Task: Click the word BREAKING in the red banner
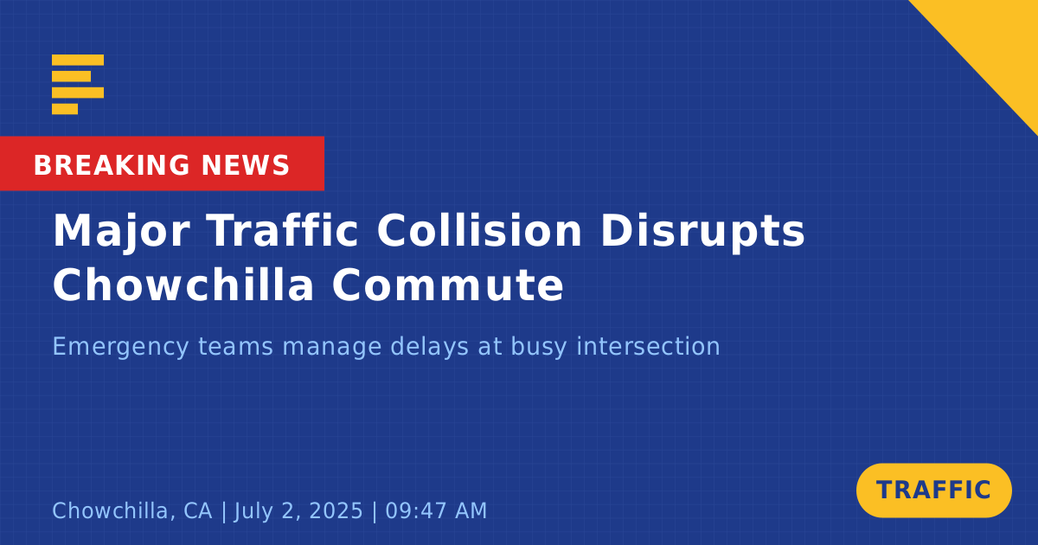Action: click(x=112, y=165)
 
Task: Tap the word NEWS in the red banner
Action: click(x=246, y=165)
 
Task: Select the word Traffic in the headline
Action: click(x=283, y=231)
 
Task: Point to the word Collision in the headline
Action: click(x=479, y=231)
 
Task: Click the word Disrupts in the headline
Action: click(x=702, y=233)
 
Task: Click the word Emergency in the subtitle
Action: click(x=121, y=348)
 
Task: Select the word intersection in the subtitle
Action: click(x=648, y=346)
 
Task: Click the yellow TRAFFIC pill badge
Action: click(x=933, y=490)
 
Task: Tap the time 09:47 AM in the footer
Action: click(x=436, y=510)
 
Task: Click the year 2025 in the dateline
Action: click(x=336, y=510)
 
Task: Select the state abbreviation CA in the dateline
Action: click(x=198, y=510)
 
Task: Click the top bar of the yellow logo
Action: click(x=78, y=60)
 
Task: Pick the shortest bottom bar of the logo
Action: click(x=65, y=109)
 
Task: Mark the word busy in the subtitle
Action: click(x=538, y=348)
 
